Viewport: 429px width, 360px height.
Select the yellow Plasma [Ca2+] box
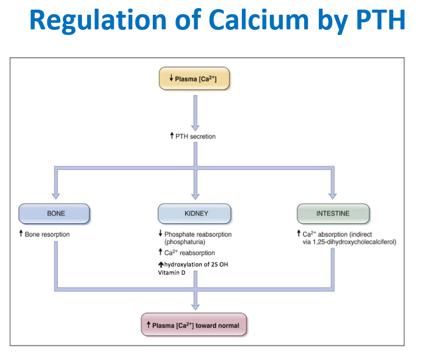[x=194, y=78]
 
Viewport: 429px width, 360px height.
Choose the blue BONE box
[x=55, y=214]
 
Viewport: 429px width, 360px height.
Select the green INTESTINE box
[x=333, y=214]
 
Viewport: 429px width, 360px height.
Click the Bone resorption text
[x=47, y=234]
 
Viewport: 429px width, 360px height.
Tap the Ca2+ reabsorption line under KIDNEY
[x=190, y=253]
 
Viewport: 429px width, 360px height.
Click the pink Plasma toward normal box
[x=194, y=325]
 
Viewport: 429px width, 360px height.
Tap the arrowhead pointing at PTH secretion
[x=195, y=126]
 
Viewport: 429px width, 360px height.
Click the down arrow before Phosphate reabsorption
[x=160, y=234]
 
